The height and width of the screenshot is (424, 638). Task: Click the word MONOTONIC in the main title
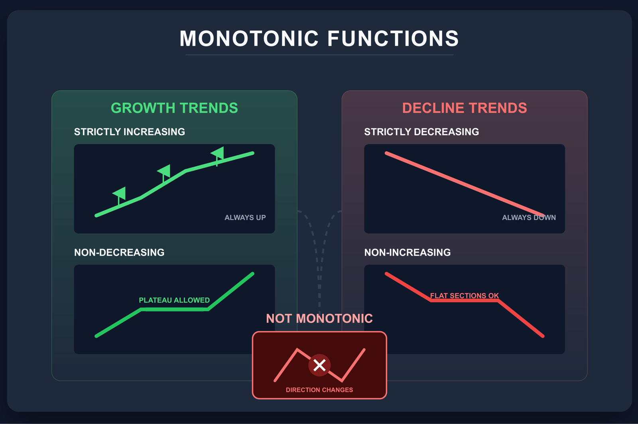(249, 38)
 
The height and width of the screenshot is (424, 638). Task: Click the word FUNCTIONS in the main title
(393, 38)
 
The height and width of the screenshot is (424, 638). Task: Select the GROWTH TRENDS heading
(174, 108)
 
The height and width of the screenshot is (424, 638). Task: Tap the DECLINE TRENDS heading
(465, 108)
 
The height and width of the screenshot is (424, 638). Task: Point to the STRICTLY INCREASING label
(130, 132)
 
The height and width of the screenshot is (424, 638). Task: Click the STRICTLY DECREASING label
(421, 132)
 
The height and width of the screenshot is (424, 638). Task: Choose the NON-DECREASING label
(119, 252)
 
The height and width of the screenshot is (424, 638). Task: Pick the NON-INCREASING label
(408, 252)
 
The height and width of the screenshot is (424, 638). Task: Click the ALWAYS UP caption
(245, 217)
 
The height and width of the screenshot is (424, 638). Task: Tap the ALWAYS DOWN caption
(529, 217)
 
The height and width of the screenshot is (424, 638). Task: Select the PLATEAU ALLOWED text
(174, 300)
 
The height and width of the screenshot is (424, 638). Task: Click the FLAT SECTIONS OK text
(465, 296)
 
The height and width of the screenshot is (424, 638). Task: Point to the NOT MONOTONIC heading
(319, 319)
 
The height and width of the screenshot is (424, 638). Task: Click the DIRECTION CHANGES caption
(319, 390)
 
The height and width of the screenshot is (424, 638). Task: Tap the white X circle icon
(319, 365)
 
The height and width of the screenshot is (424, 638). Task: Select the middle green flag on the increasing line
(164, 173)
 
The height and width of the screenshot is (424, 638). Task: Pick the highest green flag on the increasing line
(218, 156)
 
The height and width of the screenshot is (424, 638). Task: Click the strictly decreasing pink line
(465, 184)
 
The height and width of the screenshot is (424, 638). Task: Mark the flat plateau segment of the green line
(175, 310)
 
